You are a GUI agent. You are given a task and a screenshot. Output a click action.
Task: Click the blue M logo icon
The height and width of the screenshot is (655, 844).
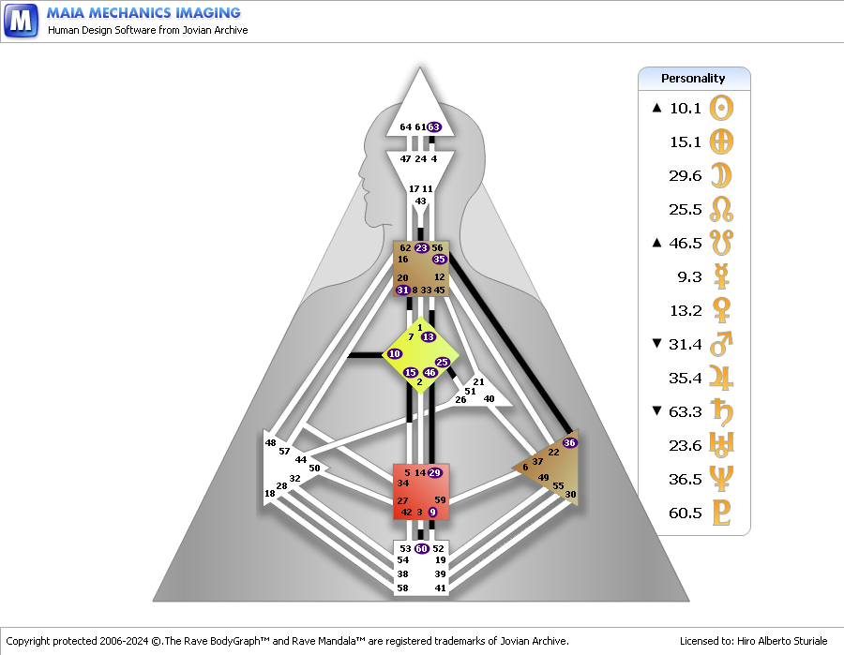pos(21,21)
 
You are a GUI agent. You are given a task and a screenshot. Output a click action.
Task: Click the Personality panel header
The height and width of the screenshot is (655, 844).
pos(693,79)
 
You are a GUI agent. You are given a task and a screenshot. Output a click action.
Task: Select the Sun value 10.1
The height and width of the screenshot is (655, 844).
pos(686,108)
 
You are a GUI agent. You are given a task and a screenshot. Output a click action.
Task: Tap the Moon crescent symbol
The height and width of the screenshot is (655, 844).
pos(721,175)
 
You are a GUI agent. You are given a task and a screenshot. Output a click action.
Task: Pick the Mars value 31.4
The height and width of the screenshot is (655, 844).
pos(686,344)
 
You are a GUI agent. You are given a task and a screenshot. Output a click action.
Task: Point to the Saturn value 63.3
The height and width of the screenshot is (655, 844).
pos(686,411)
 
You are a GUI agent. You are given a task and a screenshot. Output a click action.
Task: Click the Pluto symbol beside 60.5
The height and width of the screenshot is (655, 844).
pos(721,513)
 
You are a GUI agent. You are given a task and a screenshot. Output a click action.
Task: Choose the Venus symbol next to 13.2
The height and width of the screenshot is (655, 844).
pos(721,310)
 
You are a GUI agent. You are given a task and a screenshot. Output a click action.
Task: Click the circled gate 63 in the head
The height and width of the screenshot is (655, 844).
pos(434,127)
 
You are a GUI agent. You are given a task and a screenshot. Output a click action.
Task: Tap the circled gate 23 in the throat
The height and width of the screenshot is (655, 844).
pos(421,248)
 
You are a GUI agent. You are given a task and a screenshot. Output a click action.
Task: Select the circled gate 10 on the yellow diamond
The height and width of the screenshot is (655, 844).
pos(395,354)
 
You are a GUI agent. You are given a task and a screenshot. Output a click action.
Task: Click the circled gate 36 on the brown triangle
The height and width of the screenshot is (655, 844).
pos(569,442)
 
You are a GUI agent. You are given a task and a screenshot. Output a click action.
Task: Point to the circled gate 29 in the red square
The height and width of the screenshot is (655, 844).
pos(434,472)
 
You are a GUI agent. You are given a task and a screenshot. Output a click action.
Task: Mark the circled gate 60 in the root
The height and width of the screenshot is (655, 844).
pos(421,548)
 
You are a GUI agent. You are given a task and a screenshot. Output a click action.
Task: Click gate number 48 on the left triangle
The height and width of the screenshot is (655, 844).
pos(270,442)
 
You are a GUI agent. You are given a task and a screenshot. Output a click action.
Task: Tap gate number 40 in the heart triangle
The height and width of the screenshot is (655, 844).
pos(489,398)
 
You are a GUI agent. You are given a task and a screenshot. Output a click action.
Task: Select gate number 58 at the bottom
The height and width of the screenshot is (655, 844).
pos(402,588)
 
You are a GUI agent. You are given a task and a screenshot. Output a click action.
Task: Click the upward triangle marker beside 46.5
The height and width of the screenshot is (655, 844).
pos(656,243)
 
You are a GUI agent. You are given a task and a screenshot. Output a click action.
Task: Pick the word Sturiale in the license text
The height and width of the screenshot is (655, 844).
pos(808,641)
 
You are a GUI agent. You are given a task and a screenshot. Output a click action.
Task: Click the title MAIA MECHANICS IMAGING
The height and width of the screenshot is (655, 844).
pos(143,13)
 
